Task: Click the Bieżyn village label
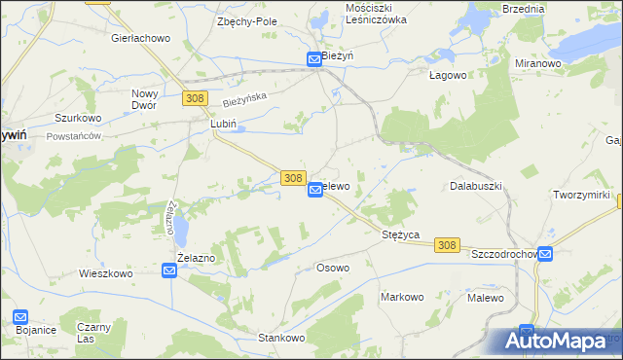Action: pos(338,57)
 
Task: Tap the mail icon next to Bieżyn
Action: pos(314,59)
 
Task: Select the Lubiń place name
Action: pos(224,126)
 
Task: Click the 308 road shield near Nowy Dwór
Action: pos(194,98)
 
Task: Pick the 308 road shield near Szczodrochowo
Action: pos(447,245)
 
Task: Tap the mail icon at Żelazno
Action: pos(168,271)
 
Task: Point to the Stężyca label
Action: pos(400,235)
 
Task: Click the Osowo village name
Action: pos(333,267)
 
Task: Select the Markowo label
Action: pos(403,297)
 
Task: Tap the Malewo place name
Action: pos(485,297)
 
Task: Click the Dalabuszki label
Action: pos(474,185)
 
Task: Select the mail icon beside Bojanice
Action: pos(21,317)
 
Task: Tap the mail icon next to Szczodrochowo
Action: pos(545,254)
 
